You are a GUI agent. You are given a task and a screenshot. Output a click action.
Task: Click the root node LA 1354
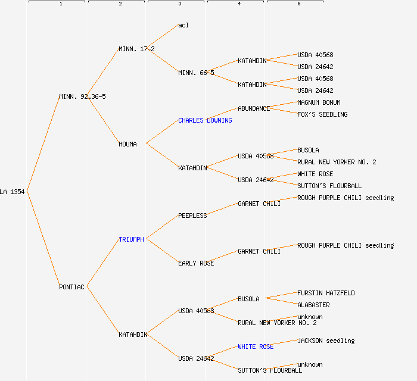point(13,192)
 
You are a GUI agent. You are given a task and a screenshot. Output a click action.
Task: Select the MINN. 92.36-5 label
point(82,96)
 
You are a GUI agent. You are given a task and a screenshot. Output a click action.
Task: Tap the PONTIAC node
point(71,287)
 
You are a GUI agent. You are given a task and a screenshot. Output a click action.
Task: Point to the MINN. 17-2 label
point(136,49)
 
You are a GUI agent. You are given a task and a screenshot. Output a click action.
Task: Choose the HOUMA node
point(127,144)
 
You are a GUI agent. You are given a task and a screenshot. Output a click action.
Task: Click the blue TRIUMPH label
point(131,239)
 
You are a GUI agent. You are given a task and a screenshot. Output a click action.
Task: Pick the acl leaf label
point(183,25)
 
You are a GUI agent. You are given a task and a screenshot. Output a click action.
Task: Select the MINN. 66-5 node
point(196,73)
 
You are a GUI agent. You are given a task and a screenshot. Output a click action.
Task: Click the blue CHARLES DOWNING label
point(205,120)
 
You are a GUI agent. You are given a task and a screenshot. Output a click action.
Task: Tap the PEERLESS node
point(192,216)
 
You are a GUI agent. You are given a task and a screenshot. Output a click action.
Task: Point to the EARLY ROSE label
point(196,263)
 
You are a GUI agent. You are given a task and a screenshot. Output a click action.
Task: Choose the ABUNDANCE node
point(254,108)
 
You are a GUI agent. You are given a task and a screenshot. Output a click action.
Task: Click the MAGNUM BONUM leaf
point(319,102)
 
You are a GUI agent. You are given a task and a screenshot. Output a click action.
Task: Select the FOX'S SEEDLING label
point(322,114)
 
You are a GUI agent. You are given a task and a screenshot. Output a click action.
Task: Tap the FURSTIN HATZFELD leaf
point(326,293)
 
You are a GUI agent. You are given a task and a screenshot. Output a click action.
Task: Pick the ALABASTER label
point(313,305)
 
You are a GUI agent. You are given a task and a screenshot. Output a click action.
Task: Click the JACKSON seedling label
point(326,341)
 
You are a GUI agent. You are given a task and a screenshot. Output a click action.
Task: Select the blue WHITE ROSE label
point(256,346)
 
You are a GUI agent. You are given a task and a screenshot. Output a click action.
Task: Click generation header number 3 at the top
point(179,4)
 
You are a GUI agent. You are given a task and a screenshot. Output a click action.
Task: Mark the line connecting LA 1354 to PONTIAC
point(43,239)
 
